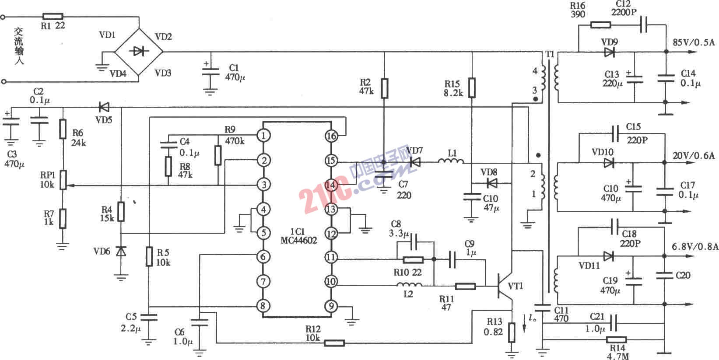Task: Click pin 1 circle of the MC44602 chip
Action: click(x=263, y=136)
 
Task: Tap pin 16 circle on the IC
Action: click(x=331, y=136)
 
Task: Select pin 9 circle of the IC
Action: click(x=331, y=306)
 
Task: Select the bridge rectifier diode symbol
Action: click(x=139, y=52)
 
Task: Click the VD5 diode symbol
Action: click(x=104, y=107)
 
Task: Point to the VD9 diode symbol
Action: click(x=609, y=52)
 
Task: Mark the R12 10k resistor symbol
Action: click(x=334, y=343)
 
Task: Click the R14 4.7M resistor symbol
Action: click(x=616, y=339)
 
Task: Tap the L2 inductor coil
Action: click(x=409, y=286)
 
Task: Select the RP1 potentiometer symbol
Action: click(x=63, y=180)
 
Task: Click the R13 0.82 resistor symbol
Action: click(x=512, y=332)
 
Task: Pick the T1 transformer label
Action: click(x=550, y=54)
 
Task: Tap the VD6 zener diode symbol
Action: click(x=121, y=251)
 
